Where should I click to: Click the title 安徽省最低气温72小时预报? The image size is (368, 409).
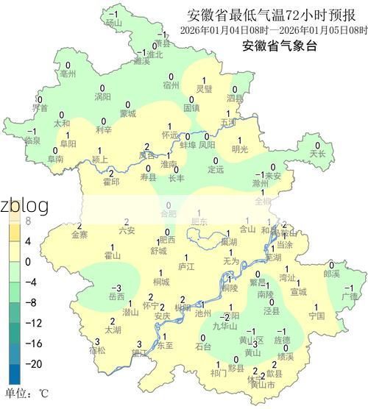point(270,15)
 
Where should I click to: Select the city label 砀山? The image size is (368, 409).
point(113,24)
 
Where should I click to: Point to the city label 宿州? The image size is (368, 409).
point(171,85)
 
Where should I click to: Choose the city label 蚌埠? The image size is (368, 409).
point(188,145)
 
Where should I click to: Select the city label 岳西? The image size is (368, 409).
point(116,296)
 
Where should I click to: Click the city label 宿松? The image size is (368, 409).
point(97,350)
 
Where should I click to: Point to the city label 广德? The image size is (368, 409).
point(349,296)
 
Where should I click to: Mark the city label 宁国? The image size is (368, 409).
point(316,316)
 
